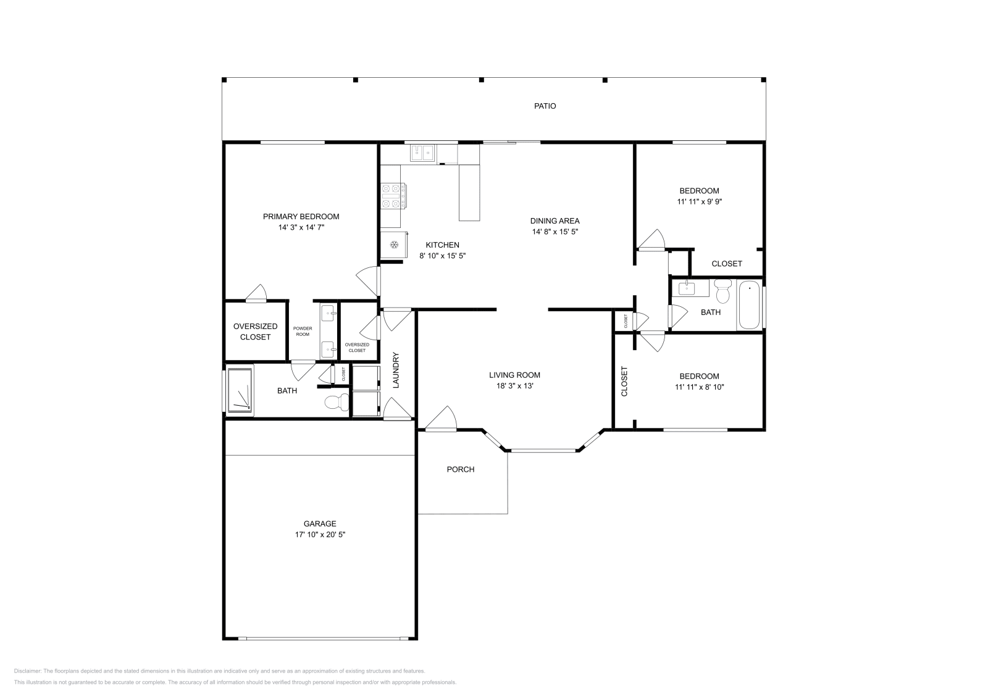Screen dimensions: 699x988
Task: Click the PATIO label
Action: (545, 106)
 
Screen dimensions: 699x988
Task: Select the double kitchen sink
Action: (422, 152)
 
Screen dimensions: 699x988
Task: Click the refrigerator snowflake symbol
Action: (393, 246)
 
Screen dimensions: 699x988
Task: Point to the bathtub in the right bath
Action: (750, 304)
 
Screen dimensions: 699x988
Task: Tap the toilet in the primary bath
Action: (336, 403)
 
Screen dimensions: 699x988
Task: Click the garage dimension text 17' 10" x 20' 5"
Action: (320, 535)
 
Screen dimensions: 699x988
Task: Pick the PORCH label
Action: (461, 469)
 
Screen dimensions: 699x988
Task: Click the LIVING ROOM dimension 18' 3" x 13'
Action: (514, 386)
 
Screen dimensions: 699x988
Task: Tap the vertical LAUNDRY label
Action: (396, 370)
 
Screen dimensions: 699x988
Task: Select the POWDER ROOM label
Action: (303, 331)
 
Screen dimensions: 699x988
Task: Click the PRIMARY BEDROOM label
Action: (301, 217)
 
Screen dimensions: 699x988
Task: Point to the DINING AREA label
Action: (555, 221)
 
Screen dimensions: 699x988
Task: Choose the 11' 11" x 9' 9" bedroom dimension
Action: (699, 201)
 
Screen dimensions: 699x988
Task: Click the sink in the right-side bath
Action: (686, 288)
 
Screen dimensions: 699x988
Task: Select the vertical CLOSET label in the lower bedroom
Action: (624, 381)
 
